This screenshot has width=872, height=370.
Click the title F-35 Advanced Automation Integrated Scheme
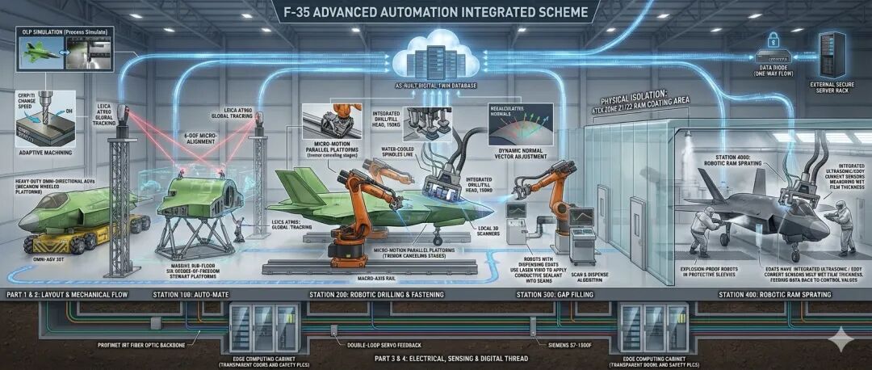(436, 13)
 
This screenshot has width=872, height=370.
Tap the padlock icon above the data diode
(773, 38)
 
